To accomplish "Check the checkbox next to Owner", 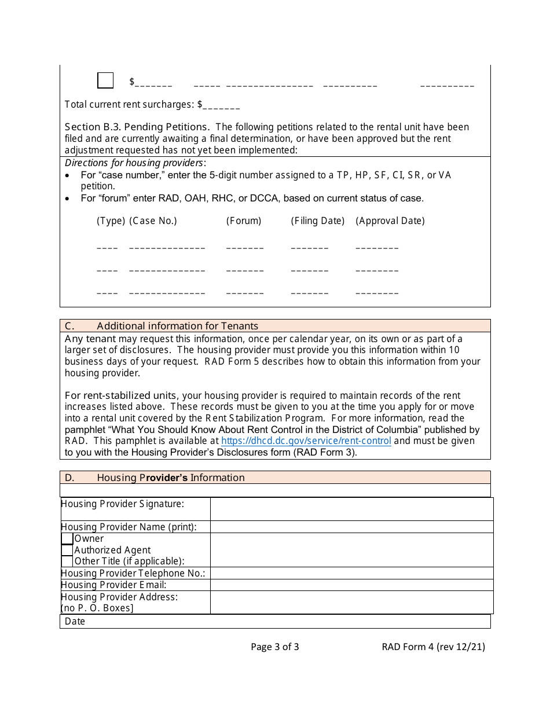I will (67, 539).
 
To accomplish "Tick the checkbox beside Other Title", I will (67, 561).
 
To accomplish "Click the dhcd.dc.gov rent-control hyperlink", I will (306, 441).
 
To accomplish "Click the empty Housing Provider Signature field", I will (351, 509).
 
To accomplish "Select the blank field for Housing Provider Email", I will (351, 585).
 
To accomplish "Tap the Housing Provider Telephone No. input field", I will (351, 573).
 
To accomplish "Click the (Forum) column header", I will (244, 221).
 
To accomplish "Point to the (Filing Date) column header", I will (317, 221).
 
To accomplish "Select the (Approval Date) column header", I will (390, 221).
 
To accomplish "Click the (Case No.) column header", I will (153, 221).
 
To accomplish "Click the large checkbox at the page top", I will (105, 80).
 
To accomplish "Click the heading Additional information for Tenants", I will (177, 326).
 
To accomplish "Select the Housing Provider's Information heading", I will (171, 478).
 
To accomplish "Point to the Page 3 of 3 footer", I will (275, 647).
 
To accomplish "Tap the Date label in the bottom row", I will (75, 622).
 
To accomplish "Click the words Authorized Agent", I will (112, 550).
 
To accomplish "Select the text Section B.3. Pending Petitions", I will (137, 127).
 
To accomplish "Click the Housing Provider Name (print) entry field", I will (351, 527).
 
